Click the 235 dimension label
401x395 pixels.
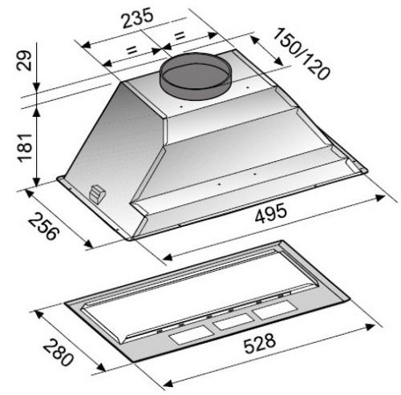tap(137, 18)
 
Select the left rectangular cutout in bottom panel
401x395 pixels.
tap(186, 337)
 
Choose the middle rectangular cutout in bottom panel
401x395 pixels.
tap(230, 323)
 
